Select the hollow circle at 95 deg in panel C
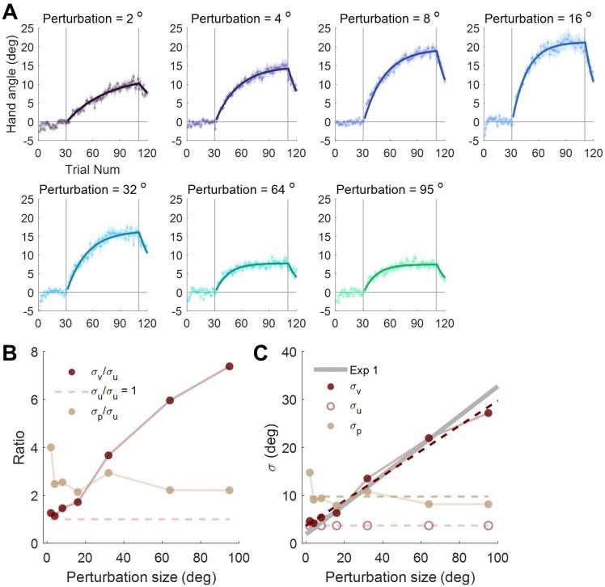click(x=488, y=525)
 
